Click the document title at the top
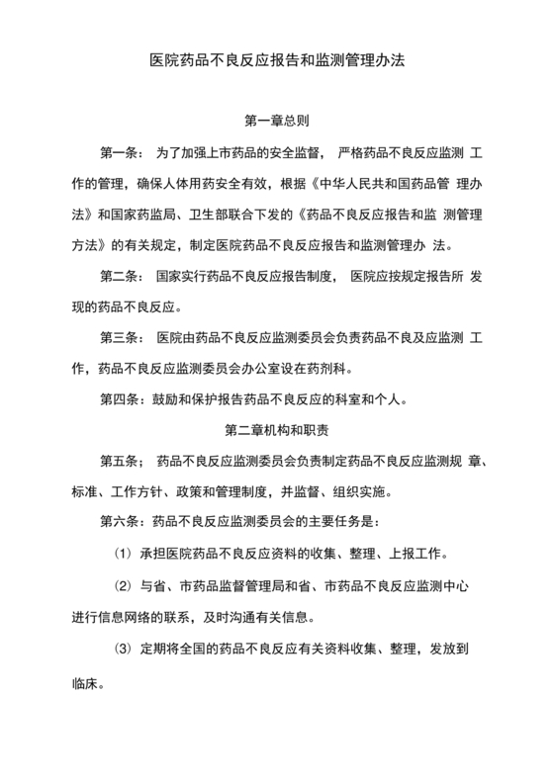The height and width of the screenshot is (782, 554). click(277, 60)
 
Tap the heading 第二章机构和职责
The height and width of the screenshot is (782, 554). click(277, 431)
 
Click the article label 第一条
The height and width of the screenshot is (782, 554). click(121, 153)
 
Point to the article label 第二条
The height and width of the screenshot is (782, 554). click(121, 277)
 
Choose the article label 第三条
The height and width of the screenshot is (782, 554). click(121, 338)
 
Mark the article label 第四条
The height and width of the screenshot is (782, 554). click(121, 400)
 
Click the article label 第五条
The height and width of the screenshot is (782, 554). click(121, 462)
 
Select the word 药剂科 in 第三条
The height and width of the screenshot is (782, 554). click(351, 370)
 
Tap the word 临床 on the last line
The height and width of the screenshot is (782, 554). click(88, 684)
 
